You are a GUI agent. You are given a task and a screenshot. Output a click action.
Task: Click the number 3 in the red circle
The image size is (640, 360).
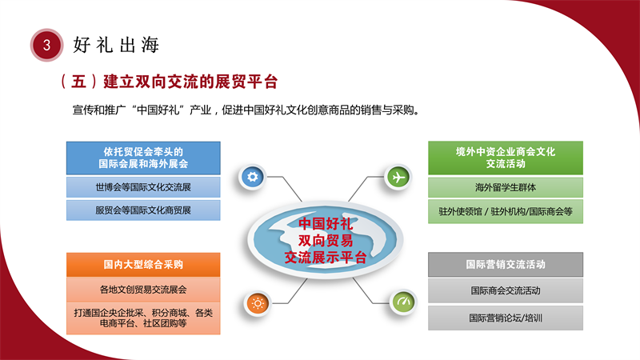pos(46,45)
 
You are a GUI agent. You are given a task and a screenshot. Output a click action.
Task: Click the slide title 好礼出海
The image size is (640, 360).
pos(116,45)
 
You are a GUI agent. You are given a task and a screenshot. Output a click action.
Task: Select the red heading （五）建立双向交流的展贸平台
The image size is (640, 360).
pos(169,82)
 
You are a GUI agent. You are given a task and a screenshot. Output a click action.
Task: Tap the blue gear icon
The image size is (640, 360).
pos(252,177)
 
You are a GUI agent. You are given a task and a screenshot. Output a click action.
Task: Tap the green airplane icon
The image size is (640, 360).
pos(398,177)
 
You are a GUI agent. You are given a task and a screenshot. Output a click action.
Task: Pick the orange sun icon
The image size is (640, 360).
pos(258,304)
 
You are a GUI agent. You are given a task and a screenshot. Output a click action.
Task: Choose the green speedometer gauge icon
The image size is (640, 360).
pos(403,302)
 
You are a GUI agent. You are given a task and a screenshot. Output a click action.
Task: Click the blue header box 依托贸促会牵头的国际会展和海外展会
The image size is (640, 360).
pos(143,158)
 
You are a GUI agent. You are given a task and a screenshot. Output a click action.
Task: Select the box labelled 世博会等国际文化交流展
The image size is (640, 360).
pos(143,187)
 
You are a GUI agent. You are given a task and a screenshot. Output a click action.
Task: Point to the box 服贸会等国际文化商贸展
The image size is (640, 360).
pos(143,210)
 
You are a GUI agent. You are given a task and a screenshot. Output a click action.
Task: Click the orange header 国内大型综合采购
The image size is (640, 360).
pos(143,265)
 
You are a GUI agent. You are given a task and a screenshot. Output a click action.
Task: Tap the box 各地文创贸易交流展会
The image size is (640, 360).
pos(143,290)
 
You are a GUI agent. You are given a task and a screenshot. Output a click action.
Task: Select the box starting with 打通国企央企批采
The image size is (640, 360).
pos(143,318)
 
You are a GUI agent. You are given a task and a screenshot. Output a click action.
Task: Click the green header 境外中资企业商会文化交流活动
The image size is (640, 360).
pos(506,158)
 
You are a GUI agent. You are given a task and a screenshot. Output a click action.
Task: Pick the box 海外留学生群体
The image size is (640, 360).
pos(506,187)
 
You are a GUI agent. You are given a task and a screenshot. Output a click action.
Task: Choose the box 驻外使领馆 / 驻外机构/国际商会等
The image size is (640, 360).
pos(506,211)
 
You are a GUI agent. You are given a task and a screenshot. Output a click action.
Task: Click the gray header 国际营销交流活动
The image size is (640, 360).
pos(506,265)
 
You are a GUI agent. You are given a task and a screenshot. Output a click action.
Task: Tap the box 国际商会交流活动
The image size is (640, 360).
pos(506,290)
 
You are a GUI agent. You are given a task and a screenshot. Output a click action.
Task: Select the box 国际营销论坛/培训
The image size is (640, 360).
pos(506,318)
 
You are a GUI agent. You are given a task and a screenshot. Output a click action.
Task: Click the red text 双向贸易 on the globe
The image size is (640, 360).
pos(326,241)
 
